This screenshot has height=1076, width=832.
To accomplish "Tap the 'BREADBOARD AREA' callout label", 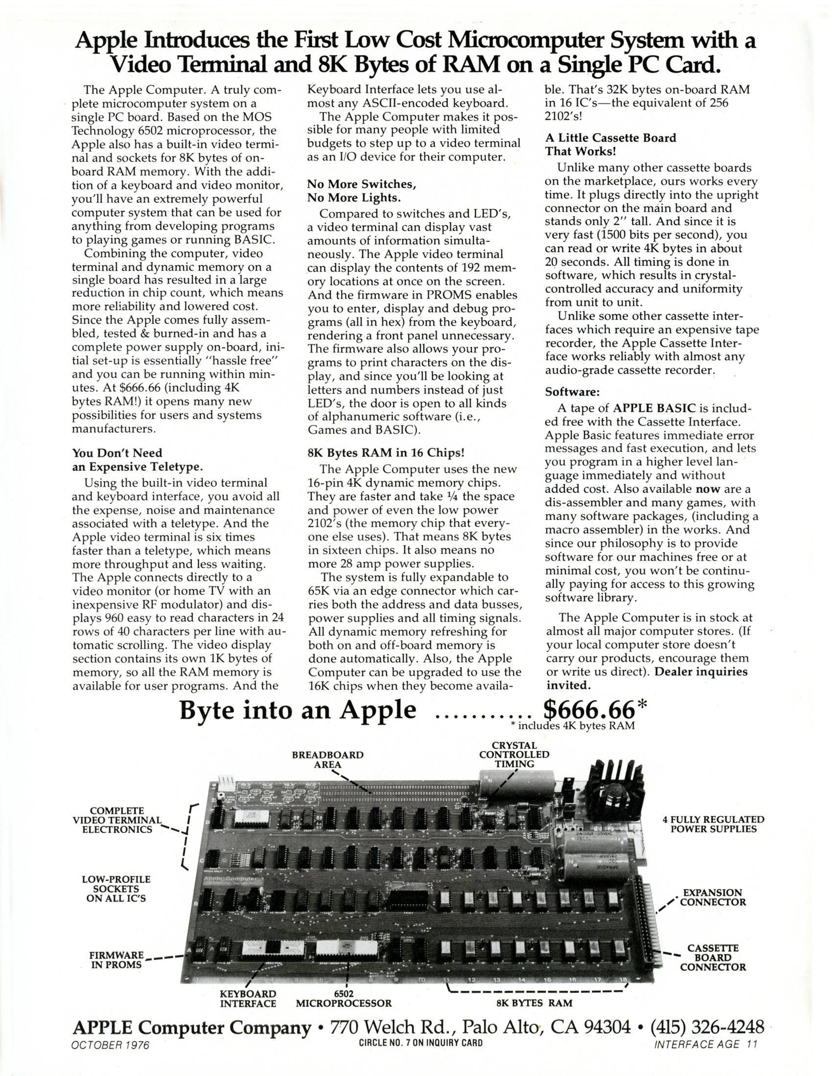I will (x=328, y=759).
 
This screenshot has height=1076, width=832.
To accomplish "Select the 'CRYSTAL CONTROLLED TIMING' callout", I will (x=514, y=754).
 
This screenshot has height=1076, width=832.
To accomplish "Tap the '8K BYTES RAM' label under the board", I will (x=534, y=1002).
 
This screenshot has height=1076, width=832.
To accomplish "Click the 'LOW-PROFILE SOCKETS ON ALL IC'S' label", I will (x=116, y=889).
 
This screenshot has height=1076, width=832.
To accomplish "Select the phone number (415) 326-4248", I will (x=707, y=1027).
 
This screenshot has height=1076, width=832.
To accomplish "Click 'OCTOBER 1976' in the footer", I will (x=111, y=1045).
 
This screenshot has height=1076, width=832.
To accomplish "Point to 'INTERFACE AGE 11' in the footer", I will (x=705, y=1044).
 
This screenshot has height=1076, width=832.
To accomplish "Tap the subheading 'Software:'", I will (x=572, y=392).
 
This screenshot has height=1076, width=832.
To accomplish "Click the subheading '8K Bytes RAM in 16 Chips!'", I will (x=386, y=452).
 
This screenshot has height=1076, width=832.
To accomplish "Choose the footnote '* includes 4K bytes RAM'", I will (x=572, y=726).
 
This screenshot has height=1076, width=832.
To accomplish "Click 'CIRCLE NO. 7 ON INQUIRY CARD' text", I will (x=420, y=1043).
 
